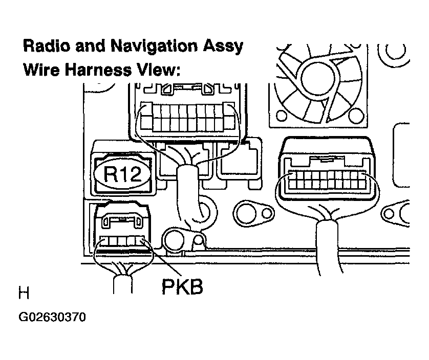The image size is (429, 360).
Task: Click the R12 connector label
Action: click(x=123, y=174)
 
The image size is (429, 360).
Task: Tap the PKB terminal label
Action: click(x=182, y=287)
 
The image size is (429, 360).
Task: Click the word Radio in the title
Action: click(x=47, y=46)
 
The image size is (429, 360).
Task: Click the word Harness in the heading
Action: click(x=98, y=70)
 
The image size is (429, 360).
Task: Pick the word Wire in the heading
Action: click(x=41, y=70)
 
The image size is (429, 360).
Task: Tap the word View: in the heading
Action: click(x=159, y=70)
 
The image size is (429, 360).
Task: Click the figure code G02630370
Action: click(x=52, y=317)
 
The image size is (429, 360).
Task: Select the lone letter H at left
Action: click(x=24, y=293)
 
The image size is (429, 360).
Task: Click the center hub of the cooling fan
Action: click(x=318, y=78)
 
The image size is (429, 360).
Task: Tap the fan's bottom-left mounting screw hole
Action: click(x=281, y=116)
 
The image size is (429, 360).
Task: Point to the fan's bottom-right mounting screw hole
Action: click(x=356, y=116)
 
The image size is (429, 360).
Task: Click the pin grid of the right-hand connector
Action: click(x=327, y=180)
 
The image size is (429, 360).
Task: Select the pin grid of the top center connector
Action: click(x=188, y=118)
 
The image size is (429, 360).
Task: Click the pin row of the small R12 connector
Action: click(x=122, y=241)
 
